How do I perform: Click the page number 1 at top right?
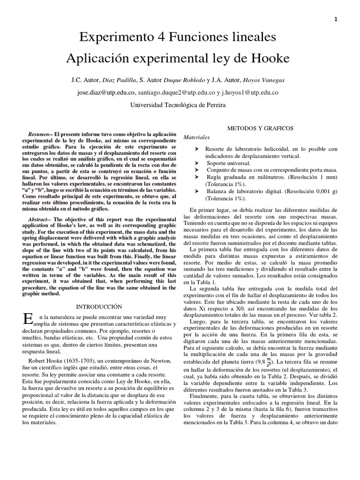pyautogui.click(x=336, y=19)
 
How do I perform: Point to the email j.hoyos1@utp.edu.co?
pyautogui.click(x=252, y=93)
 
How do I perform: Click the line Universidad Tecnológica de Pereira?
pyautogui.click(x=178, y=105)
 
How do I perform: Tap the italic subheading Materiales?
pyautogui.click(x=197, y=138)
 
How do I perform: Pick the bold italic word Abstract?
pyautogui.click(x=38, y=219)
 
